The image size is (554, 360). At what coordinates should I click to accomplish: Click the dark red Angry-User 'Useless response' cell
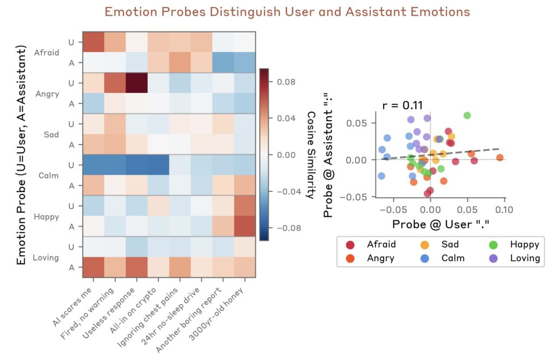(x=136, y=82)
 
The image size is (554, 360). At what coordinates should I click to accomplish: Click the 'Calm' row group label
(x=46, y=175)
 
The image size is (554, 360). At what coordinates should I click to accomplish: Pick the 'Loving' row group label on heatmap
(x=45, y=257)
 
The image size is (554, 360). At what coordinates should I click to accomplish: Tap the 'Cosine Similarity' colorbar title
(x=311, y=154)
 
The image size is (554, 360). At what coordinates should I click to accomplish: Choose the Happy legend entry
(x=524, y=244)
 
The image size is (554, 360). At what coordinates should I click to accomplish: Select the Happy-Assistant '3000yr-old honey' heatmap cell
(x=245, y=226)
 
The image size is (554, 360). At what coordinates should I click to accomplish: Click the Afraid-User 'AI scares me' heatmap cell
(x=93, y=41)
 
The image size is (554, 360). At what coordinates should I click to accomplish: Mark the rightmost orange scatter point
(x=499, y=157)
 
